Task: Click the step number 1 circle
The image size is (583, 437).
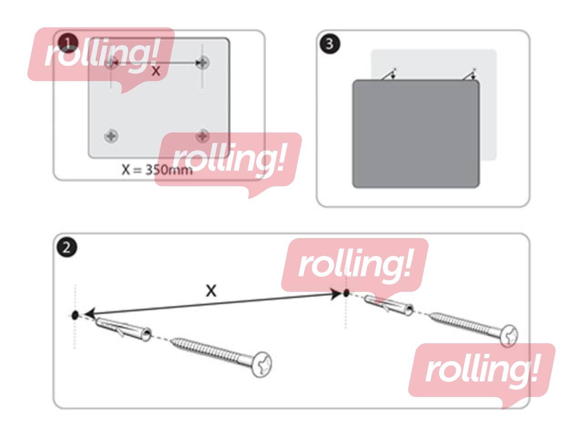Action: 67,43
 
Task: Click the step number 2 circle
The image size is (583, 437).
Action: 66,247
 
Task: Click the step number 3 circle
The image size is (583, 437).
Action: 330,44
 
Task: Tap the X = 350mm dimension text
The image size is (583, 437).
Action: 157,169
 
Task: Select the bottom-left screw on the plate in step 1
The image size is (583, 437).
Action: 111,136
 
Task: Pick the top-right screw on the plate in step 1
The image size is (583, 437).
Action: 203,63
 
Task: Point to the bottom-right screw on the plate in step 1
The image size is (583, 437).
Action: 203,136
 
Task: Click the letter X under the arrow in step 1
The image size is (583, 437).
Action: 156,71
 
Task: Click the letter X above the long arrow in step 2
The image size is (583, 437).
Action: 211,291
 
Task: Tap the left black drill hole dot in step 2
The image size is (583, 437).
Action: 75,315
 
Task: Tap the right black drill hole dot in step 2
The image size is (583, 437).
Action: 346,293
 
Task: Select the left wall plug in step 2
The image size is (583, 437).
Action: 123,329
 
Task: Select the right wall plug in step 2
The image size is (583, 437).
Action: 389,305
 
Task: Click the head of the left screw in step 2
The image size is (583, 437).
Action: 261,364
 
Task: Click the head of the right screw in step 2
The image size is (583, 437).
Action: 509,336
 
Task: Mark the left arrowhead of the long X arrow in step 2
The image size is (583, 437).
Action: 90,313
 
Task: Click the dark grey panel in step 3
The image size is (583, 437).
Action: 416,134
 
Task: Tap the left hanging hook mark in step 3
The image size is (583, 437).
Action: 389,74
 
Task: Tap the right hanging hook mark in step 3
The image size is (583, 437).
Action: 470,74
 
